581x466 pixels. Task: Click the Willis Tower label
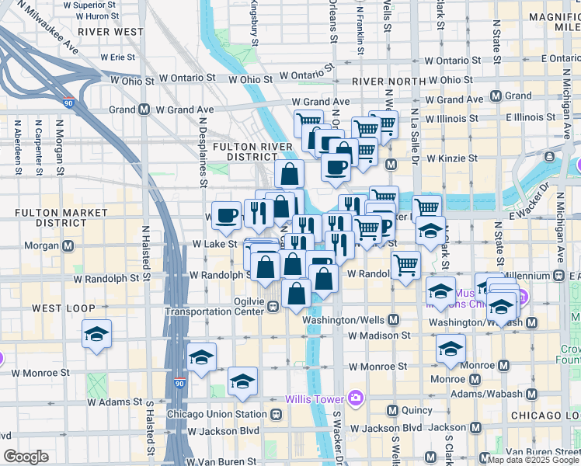315,399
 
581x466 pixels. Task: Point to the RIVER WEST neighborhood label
111,32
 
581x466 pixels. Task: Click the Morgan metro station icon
68,246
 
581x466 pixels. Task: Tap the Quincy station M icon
392,410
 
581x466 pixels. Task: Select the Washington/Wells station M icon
394,320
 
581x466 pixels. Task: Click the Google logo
26,457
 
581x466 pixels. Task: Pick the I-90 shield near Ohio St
69,102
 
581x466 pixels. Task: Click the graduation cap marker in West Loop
96,335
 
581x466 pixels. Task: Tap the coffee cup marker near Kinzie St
336,166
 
